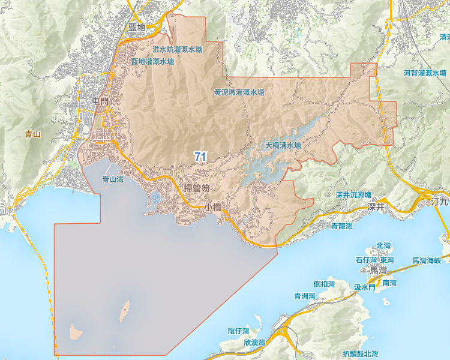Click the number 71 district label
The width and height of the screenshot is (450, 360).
tap(200, 157)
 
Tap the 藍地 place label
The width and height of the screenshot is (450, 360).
tap(137, 28)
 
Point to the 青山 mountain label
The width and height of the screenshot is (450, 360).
tap(33, 134)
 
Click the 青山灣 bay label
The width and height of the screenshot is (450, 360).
tap(113, 179)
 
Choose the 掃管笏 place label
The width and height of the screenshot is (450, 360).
tap(197, 189)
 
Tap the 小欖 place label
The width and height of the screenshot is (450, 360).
tap(213, 206)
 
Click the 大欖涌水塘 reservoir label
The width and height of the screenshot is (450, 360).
tap(283, 145)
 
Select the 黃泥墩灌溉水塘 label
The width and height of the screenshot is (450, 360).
tap(239, 93)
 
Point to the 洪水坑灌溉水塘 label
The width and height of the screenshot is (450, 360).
tap(178, 50)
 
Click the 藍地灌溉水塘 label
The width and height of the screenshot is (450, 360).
tap(152, 61)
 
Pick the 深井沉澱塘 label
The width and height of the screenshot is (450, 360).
tap(354, 195)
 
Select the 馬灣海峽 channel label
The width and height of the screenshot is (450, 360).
tap(426, 261)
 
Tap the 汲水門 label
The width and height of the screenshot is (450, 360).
tap(364, 288)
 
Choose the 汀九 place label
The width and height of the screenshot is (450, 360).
tap(440, 203)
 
